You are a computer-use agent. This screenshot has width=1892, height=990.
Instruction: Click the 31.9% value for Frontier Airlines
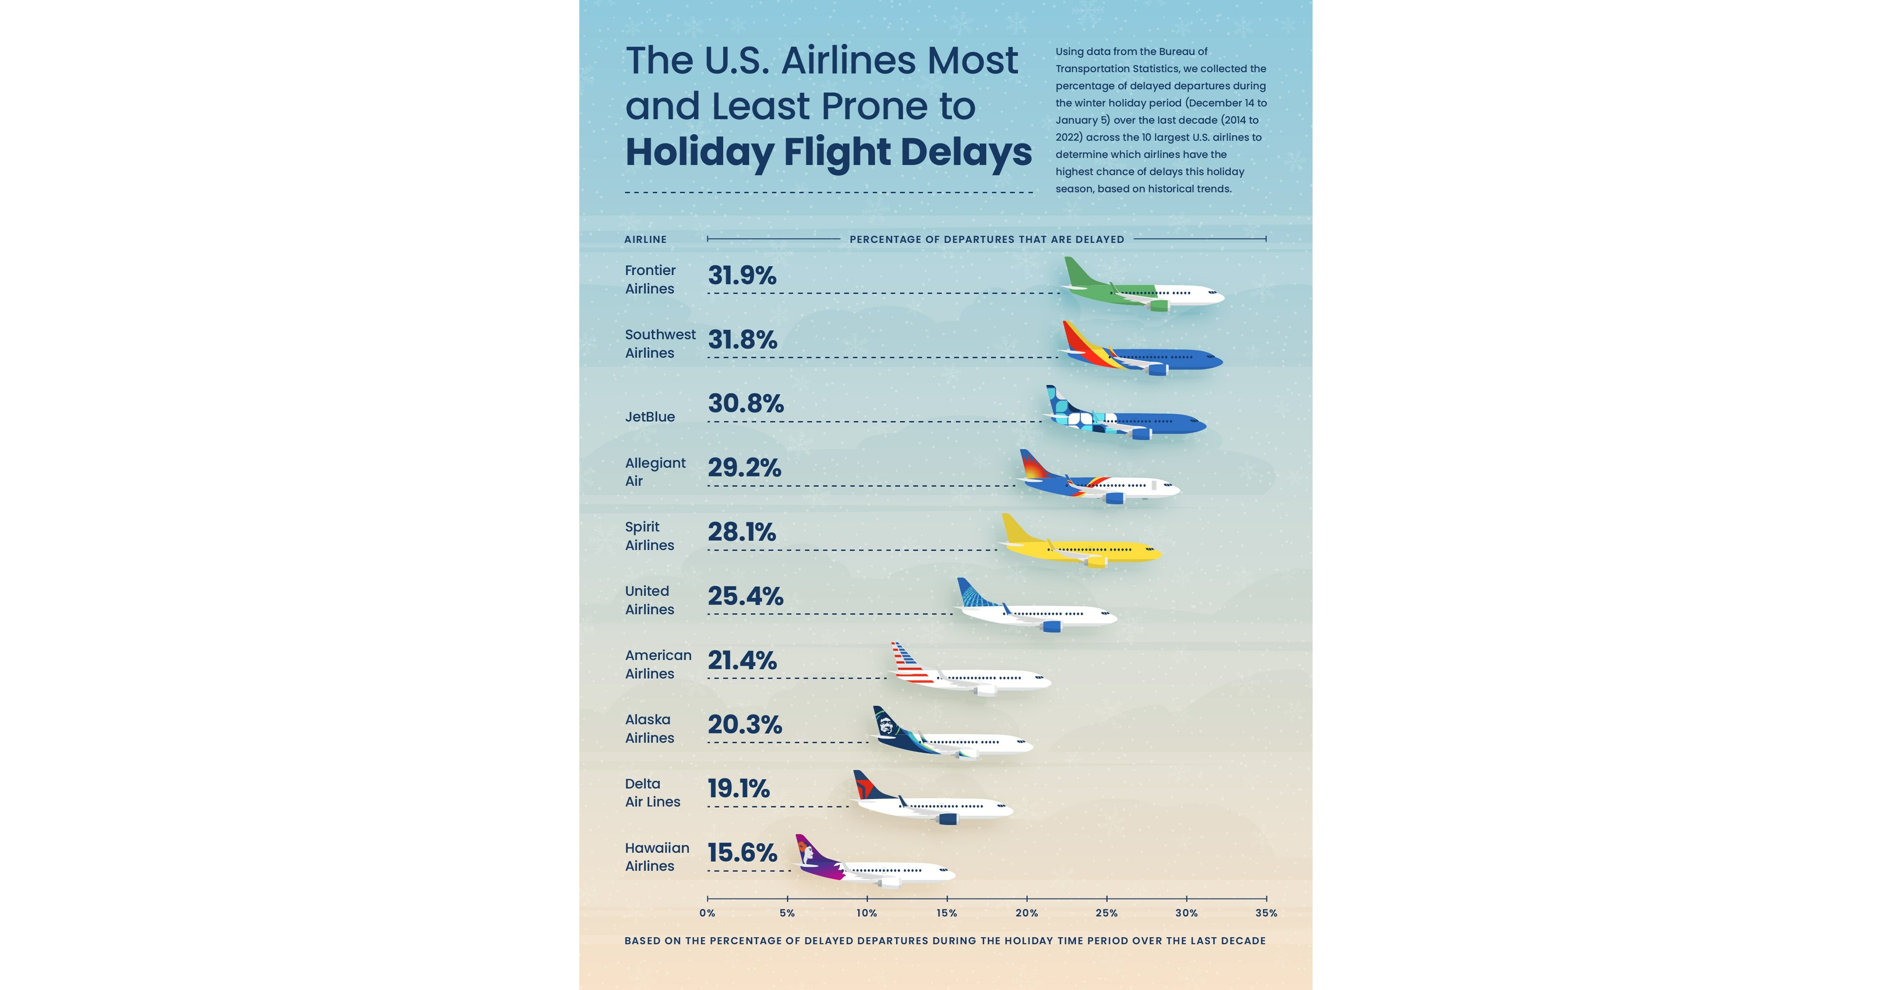742,276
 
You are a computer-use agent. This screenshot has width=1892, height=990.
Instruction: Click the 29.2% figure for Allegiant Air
744,468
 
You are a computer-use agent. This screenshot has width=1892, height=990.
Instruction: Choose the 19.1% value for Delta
738,789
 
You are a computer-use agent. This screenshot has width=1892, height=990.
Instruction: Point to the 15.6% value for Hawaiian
742,853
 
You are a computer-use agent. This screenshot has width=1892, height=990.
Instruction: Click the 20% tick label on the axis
1026,913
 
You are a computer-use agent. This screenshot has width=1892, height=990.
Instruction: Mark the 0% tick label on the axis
707,913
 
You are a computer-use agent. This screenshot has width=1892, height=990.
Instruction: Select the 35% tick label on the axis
1266,913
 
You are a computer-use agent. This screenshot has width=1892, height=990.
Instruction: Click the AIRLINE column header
646,239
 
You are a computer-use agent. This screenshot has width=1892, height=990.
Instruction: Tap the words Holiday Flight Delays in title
828,153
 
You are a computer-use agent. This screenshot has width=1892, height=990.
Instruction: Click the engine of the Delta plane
947,818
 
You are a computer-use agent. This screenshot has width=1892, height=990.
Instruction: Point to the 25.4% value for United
745,596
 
